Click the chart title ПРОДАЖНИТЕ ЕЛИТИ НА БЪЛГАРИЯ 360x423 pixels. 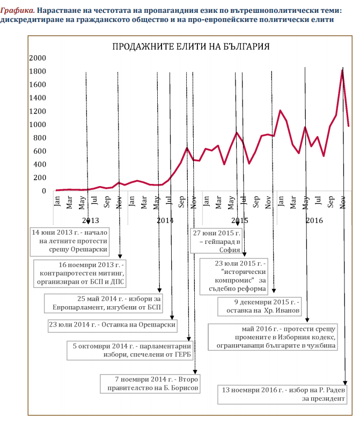190,46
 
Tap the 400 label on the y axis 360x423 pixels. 41,164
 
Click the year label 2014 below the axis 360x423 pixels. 165,220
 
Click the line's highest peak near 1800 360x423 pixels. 342,70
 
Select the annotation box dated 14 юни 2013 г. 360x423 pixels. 70,241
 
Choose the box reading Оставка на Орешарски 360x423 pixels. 112,324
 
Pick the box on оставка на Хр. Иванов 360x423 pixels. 260,306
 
